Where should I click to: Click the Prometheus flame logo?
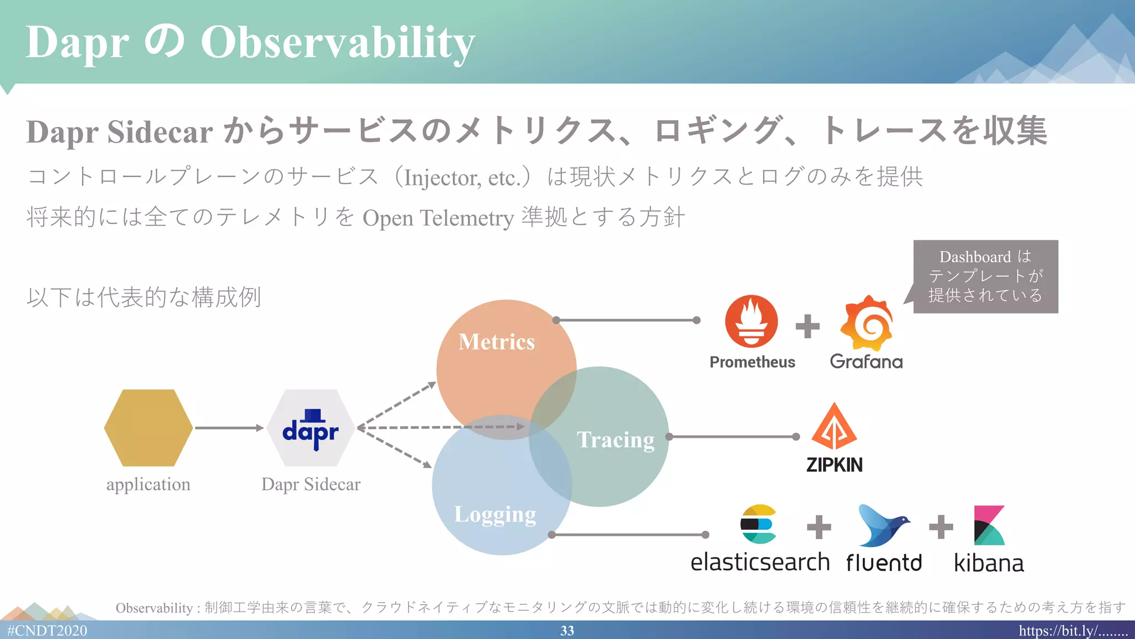click(751, 321)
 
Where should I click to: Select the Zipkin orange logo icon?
click(834, 427)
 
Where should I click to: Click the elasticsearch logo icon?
click(758, 524)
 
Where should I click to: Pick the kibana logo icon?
click(989, 525)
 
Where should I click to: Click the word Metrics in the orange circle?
click(497, 342)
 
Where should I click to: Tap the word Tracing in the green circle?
click(615, 440)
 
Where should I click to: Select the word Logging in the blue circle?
click(495, 514)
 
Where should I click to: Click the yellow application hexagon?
click(149, 428)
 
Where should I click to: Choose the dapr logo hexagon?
click(310, 428)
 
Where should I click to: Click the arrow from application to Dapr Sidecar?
click(229, 428)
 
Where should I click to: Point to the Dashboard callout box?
click(985, 276)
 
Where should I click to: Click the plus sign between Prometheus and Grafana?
click(807, 326)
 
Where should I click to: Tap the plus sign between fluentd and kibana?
click(941, 527)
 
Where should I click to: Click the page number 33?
click(567, 631)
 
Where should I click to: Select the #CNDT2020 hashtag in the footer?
click(47, 631)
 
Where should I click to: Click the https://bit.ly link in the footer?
click(1072, 631)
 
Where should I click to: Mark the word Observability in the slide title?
click(338, 42)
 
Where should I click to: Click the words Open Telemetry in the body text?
click(438, 217)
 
